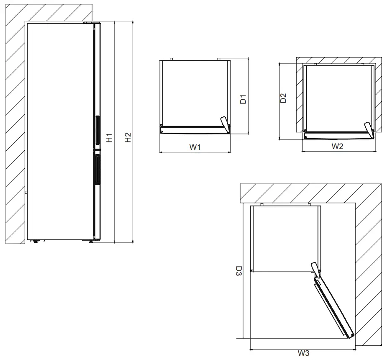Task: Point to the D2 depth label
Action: tap(284, 99)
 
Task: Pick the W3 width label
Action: tap(303, 353)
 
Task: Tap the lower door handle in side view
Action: tap(97, 169)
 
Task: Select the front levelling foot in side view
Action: tap(91, 241)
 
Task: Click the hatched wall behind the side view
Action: tap(15, 126)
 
